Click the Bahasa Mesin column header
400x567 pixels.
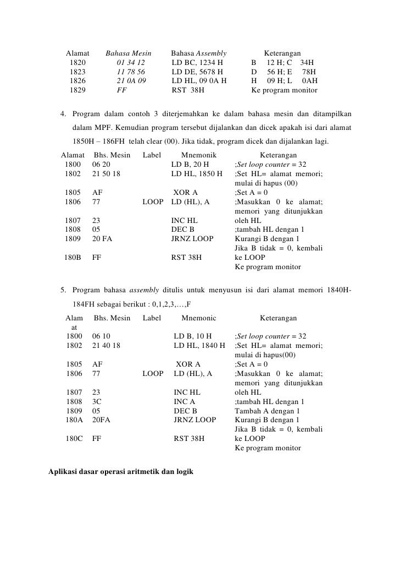point(128,53)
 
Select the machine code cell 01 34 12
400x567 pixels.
point(131,62)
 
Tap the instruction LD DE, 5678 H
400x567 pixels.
point(197,72)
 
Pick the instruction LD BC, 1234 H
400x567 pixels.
point(197,62)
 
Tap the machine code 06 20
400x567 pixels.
point(101,165)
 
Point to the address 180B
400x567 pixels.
point(73,257)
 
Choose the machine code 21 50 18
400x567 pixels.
point(107,174)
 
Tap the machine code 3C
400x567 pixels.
point(97,401)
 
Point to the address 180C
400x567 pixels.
point(74,439)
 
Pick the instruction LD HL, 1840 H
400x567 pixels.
point(199,345)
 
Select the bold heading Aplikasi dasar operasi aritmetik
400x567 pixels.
point(121,472)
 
